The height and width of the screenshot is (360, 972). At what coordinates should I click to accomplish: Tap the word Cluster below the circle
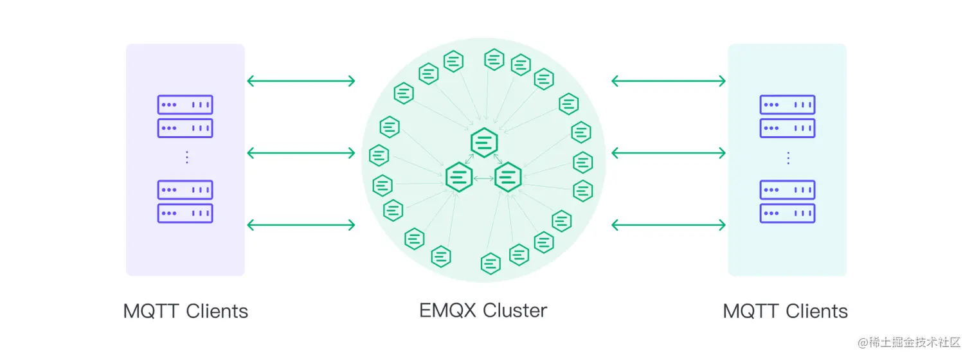click(515, 310)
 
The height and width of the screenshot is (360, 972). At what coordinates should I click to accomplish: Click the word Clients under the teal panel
click(816, 311)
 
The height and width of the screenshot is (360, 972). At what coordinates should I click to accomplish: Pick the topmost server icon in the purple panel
click(185, 105)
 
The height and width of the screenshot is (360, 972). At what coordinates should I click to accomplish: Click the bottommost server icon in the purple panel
click(185, 213)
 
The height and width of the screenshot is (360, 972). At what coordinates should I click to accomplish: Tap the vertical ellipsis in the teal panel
click(788, 157)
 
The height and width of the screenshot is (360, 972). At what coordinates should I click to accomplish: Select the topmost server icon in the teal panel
click(788, 105)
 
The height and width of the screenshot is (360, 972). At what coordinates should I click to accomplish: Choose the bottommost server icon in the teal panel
click(788, 213)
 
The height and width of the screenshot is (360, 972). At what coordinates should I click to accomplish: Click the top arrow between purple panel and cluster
click(301, 81)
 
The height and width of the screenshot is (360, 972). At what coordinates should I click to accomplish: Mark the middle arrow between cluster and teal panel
click(669, 153)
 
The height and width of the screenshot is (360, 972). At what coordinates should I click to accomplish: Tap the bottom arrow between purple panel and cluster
click(301, 225)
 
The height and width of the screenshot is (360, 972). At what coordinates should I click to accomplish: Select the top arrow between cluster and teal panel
click(669, 81)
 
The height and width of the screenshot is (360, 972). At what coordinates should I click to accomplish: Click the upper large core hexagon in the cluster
click(484, 141)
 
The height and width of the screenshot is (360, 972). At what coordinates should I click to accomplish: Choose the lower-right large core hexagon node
click(508, 176)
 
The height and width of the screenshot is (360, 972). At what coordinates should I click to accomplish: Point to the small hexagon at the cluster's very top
click(494, 60)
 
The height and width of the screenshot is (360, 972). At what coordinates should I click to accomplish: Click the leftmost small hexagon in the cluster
click(379, 156)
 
